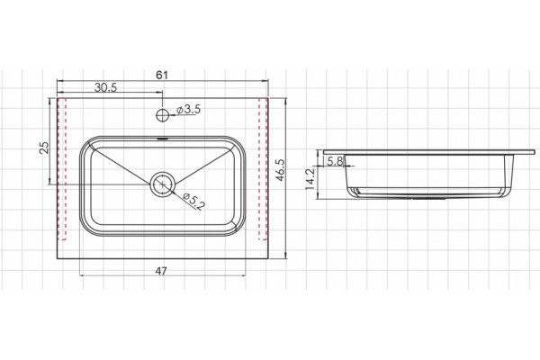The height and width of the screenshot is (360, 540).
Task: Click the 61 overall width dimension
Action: click(x=162, y=75)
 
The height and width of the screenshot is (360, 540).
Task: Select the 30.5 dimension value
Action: click(x=105, y=87)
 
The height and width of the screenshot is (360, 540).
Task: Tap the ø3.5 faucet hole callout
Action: click(x=188, y=110)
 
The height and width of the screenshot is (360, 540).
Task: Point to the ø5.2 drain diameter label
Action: click(x=193, y=202)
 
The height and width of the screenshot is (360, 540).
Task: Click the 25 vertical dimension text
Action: click(x=44, y=148)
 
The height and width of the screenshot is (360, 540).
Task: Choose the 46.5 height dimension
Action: click(x=280, y=170)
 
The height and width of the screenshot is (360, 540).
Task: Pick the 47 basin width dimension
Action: click(x=161, y=271)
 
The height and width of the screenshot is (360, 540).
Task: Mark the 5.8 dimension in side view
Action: click(x=335, y=161)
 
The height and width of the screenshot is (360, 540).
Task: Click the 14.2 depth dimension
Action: click(x=310, y=179)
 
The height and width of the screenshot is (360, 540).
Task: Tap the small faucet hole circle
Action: click(x=162, y=115)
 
